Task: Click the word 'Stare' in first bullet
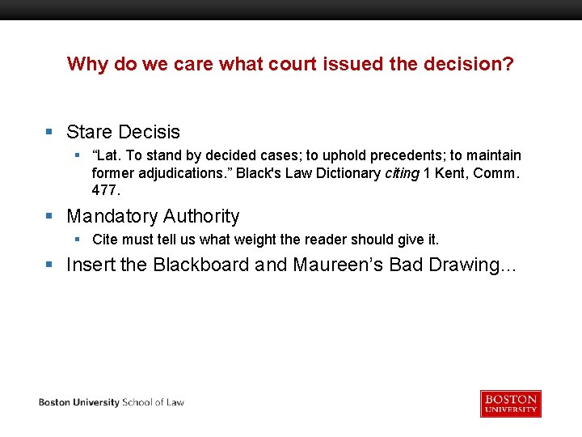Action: [x=90, y=132]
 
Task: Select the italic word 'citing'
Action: [x=401, y=172]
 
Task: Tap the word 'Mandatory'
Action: [x=112, y=216]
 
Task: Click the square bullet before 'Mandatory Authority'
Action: [x=49, y=216]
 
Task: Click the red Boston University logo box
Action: [x=510, y=403]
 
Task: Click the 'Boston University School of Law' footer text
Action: [x=112, y=402]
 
